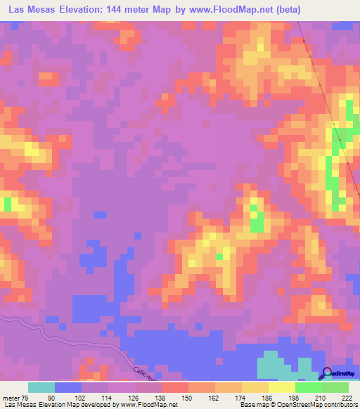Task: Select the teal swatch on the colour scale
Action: pos(41,387)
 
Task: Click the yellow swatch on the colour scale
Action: pos(281,387)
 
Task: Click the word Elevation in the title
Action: pos(84,10)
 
